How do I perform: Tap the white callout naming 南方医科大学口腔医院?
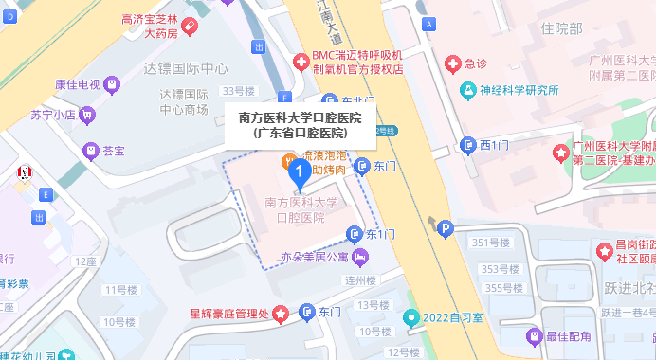pyautogui.click(x=300, y=126)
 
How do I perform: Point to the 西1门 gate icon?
pyautogui.click(x=467, y=145)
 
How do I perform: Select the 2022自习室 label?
pyautogui.click(x=453, y=317)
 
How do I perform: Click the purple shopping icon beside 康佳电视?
pyautogui.click(x=113, y=85)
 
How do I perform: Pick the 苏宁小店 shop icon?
pyautogui.click(x=87, y=116)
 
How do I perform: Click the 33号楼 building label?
pyautogui.click(x=239, y=91)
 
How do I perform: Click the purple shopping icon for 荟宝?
pyautogui.click(x=90, y=150)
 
